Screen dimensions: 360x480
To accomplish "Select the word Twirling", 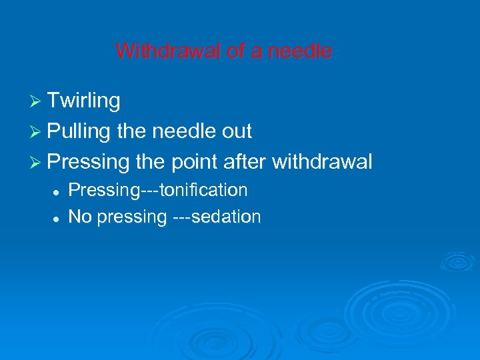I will pos(84,101).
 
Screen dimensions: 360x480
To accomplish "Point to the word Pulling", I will pos(79,131).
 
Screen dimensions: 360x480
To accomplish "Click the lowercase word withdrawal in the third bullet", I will pos(322,161).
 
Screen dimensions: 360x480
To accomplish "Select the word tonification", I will pos(206,191).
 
